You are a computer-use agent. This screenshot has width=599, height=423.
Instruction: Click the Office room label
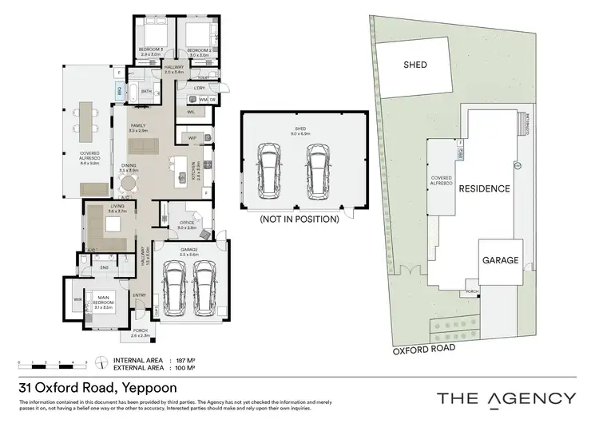click(x=186, y=225)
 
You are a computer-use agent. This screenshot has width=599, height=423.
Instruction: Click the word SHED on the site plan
click(x=415, y=65)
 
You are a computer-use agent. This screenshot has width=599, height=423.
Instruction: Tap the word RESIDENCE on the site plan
click(x=482, y=188)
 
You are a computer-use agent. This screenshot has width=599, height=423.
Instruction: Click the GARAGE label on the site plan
click(x=500, y=260)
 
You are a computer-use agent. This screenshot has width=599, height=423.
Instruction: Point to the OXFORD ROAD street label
click(x=423, y=348)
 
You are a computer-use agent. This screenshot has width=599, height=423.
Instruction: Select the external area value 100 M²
click(x=185, y=369)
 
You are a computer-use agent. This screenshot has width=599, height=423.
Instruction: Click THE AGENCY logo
click(x=506, y=397)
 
